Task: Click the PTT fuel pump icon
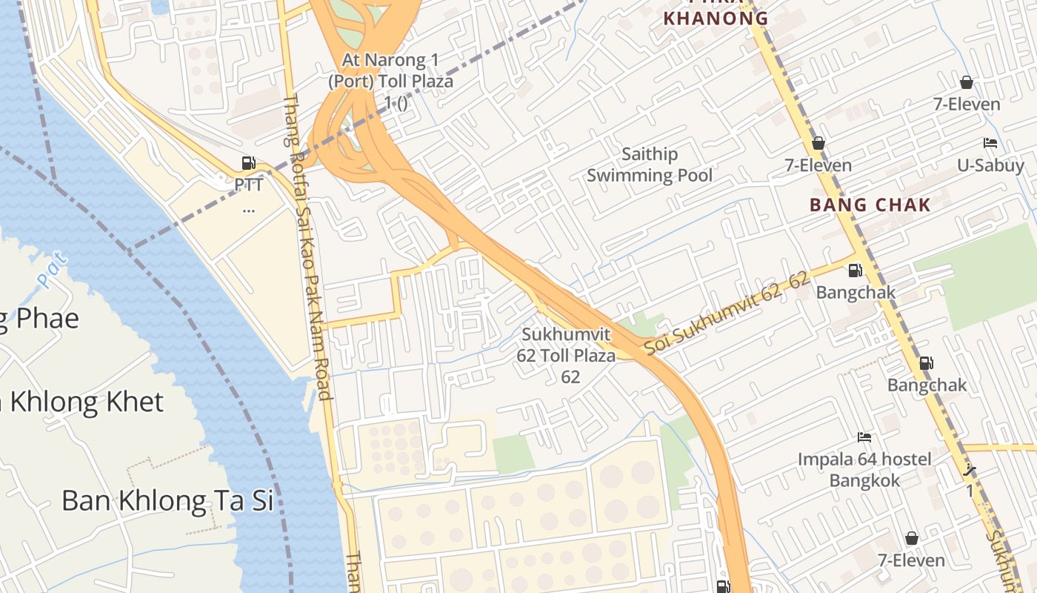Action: tap(248, 163)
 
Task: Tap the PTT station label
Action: tap(248, 183)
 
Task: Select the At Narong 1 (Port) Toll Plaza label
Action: tap(390, 81)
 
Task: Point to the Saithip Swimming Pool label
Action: tap(650, 165)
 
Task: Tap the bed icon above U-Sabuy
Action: tap(990, 143)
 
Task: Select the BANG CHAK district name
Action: tap(870, 205)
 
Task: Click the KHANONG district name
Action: tap(715, 19)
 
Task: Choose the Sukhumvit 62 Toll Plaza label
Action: tap(569, 355)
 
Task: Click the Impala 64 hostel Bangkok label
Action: tap(864, 470)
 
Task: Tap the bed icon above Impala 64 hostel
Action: tap(864, 437)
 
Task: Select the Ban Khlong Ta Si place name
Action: tap(167, 500)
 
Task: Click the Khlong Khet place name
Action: tap(81, 402)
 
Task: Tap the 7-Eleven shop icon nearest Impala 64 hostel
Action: tap(912, 538)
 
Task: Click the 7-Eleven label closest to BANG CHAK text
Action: tap(818, 165)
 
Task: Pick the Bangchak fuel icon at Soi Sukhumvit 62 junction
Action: tap(855, 271)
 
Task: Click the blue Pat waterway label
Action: tap(53, 270)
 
